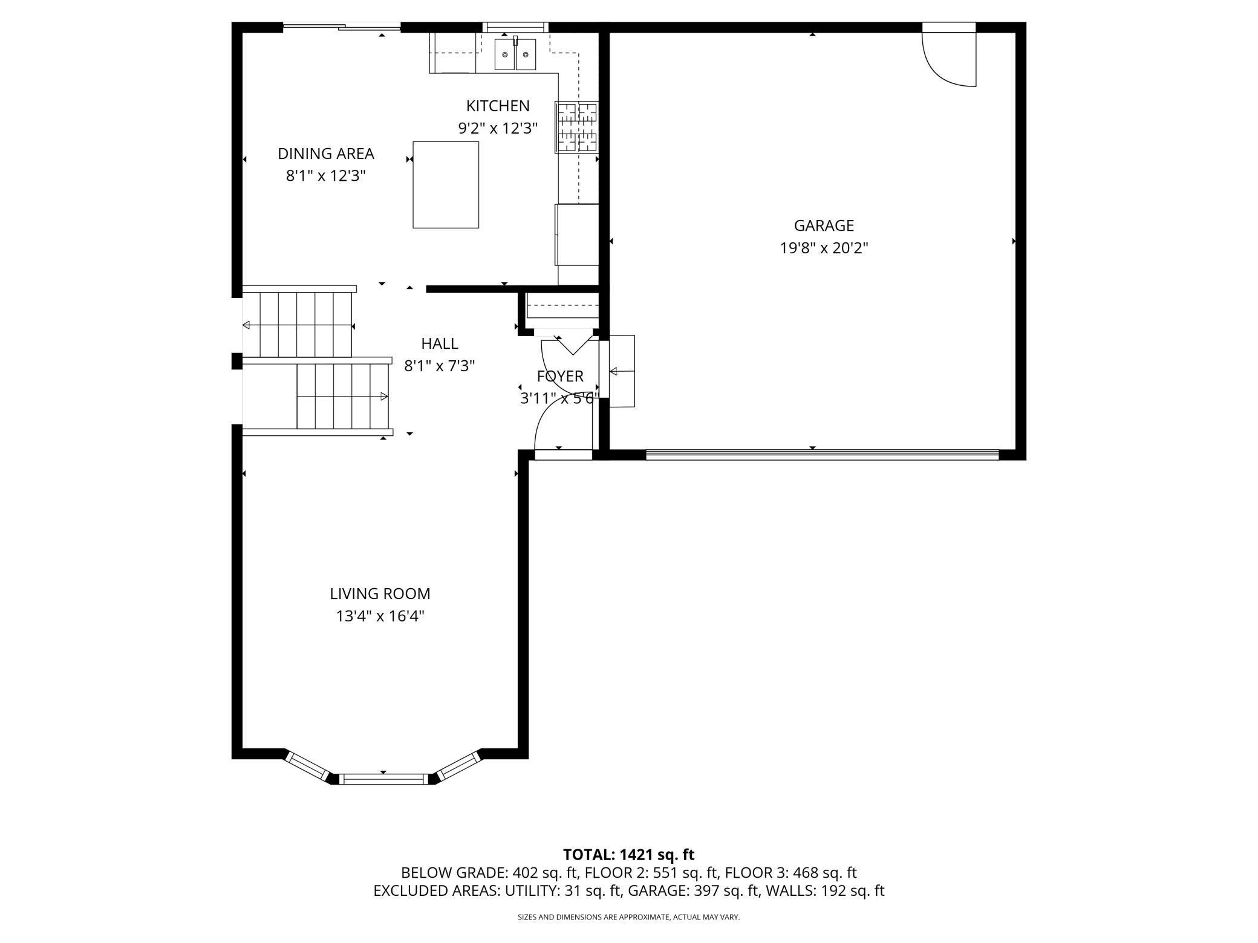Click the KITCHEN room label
[498, 106]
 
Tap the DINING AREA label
[326, 154]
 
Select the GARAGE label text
[824, 225]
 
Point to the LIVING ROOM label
[380, 594]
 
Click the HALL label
[440, 343]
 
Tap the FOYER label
[560, 376]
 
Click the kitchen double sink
[515, 54]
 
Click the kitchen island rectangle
[446, 185]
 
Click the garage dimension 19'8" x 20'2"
[824, 248]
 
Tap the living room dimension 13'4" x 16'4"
[380, 616]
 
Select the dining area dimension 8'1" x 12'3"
[326, 176]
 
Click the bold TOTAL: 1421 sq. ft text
[628, 854]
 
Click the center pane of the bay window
[383, 779]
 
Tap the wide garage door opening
[823, 455]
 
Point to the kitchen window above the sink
[515, 27]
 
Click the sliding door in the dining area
[342, 27]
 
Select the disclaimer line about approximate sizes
[628, 917]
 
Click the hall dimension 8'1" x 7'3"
[440, 366]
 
